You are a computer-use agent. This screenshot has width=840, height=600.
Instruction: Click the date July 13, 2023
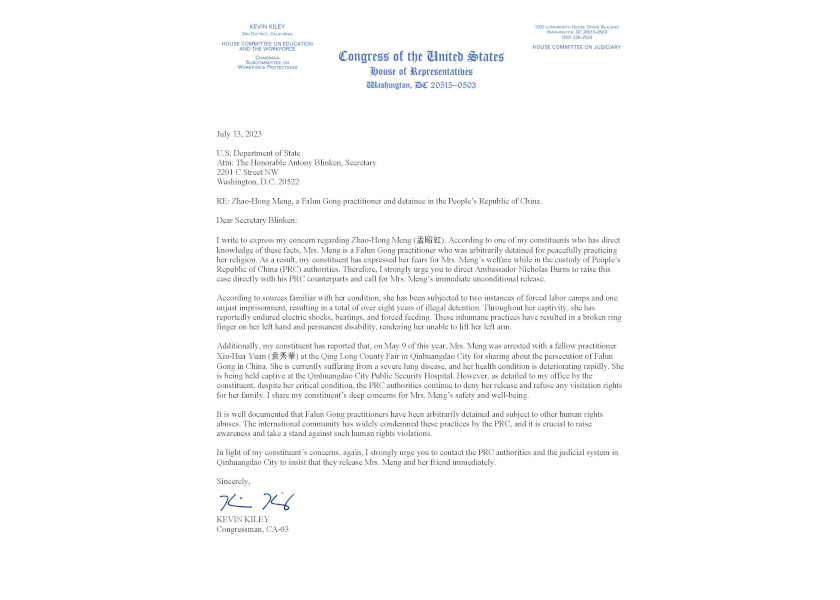pyautogui.click(x=239, y=134)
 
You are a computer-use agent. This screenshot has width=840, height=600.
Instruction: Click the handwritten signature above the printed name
pyautogui.click(x=256, y=502)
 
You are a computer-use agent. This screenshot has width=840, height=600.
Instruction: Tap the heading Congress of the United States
pyautogui.click(x=421, y=57)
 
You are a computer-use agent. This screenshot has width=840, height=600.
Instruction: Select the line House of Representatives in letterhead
pyautogui.click(x=421, y=72)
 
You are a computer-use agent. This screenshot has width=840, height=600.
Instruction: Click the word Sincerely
pyautogui.click(x=233, y=481)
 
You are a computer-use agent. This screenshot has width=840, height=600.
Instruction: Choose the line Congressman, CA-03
pyautogui.click(x=253, y=529)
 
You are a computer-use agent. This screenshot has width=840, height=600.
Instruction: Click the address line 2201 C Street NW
pyautogui.click(x=248, y=172)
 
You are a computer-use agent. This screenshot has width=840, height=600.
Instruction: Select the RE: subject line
pyautogui.click(x=379, y=201)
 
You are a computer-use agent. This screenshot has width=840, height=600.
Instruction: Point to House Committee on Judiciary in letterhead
pyautogui.click(x=576, y=47)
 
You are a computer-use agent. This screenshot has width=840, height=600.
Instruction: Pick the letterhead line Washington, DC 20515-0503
pyautogui.click(x=421, y=86)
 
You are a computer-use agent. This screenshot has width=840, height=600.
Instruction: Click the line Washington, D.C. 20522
pyautogui.click(x=259, y=182)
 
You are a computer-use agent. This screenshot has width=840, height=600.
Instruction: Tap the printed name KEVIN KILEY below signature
pyautogui.click(x=243, y=519)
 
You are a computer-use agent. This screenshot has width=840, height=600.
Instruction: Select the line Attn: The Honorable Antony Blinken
pyautogui.click(x=297, y=163)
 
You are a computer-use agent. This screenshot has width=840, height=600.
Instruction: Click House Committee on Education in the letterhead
pyautogui.click(x=267, y=46)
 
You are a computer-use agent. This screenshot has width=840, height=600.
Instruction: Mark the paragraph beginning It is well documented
pyautogui.click(x=420, y=424)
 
